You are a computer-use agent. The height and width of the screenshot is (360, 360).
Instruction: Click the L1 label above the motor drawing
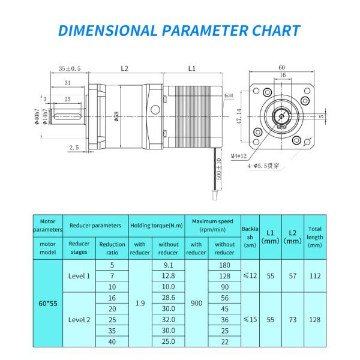pyautogui.click(x=192, y=68)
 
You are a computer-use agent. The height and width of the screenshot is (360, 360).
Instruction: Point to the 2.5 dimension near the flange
pyautogui.click(x=74, y=147)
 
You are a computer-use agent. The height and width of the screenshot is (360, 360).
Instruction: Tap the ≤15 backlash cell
pyautogui.click(x=250, y=320)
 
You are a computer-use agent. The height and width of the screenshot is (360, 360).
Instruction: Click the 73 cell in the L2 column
pyautogui.click(x=292, y=320)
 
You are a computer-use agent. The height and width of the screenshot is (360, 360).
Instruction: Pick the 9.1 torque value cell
pyautogui.click(x=168, y=265)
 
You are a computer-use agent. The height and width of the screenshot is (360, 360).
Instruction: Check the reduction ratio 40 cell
pyautogui.click(x=112, y=341)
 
